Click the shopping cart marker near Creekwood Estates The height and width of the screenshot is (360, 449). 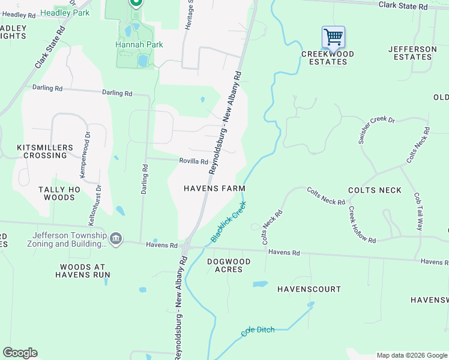coord(333,37)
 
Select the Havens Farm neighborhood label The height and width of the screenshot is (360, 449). coord(214,188)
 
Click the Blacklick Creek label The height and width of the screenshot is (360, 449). coord(229,221)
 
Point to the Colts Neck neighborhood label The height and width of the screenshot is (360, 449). coord(374,190)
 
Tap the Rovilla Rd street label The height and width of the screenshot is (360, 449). coord(193,161)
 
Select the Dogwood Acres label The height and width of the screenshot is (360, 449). coord(233,265)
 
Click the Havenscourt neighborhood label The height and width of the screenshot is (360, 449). coord(309,289)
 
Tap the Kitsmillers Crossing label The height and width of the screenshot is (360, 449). coord(45,151)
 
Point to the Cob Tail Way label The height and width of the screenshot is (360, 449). coord(418,212)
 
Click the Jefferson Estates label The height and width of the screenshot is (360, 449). coord(412,53)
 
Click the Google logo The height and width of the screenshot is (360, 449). coord(20,353)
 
